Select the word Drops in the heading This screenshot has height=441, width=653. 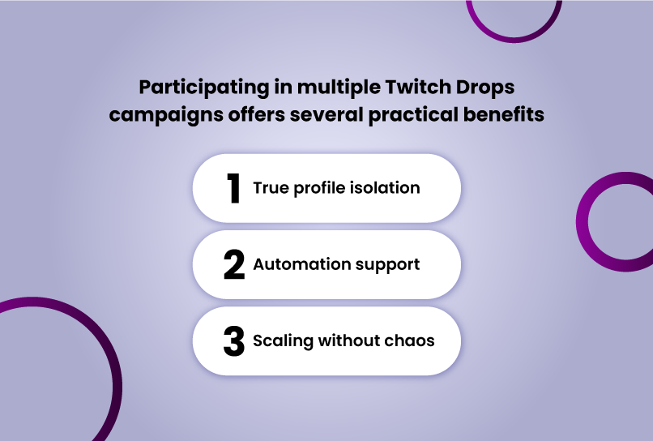pyautogui.click(x=485, y=88)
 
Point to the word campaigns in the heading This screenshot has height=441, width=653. pyautogui.click(x=166, y=115)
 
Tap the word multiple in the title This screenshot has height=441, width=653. pyautogui.click(x=339, y=88)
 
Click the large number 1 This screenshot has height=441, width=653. pyautogui.click(x=233, y=188)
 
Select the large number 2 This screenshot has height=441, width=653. pyautogui.click(x=233, y=264)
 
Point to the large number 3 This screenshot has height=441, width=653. pyautogui.click(x=233, y=341)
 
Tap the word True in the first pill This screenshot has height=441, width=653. pyautogui.click(x=271, y=188)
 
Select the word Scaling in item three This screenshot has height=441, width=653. pyautogui.click(x=284, y=341)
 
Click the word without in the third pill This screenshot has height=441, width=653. pyautogui.click(x=349, y=340)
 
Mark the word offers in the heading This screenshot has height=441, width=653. pyautogui.click(x=257, y=114)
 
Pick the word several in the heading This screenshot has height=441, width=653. pyautogui.click(x=327, y=115)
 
